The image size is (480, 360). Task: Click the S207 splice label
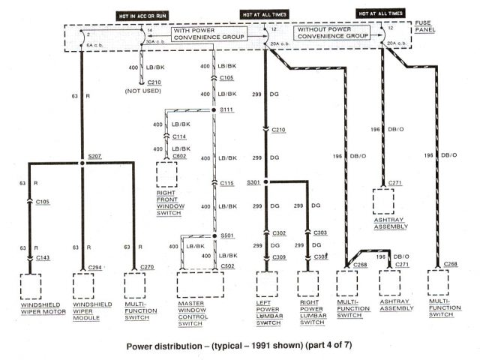tap(94, 157)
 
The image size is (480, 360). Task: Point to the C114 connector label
tap(179, 136)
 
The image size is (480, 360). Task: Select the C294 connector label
tap(93, 267)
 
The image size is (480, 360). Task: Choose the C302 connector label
tap(279, 233)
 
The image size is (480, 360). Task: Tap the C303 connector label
tap(319, 233)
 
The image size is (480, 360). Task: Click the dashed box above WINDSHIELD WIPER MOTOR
tap(31, 287)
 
